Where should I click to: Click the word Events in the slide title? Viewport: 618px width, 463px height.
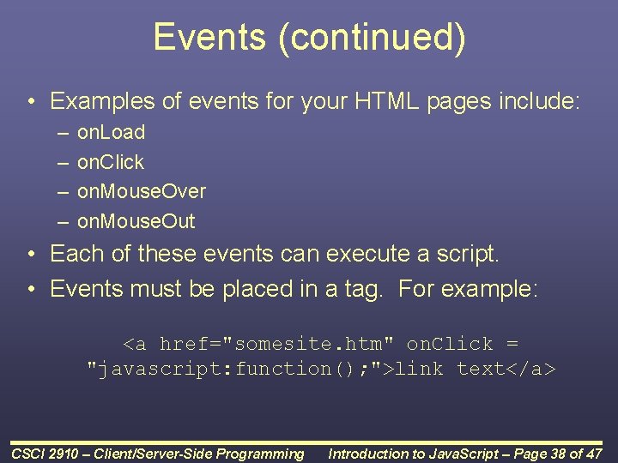pos(209,38)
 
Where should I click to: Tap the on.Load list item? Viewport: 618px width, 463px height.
pos(111,132)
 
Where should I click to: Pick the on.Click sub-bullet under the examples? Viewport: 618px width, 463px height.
pos(111,162)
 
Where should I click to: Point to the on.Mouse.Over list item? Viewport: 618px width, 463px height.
pos(142,191)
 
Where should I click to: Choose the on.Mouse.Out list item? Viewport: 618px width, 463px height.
pos(136,221)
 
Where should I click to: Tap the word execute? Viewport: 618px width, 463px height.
pos(372,254)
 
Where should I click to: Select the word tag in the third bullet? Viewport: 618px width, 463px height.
pos(360,289)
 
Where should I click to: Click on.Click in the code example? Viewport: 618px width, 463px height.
pos(450,344)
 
